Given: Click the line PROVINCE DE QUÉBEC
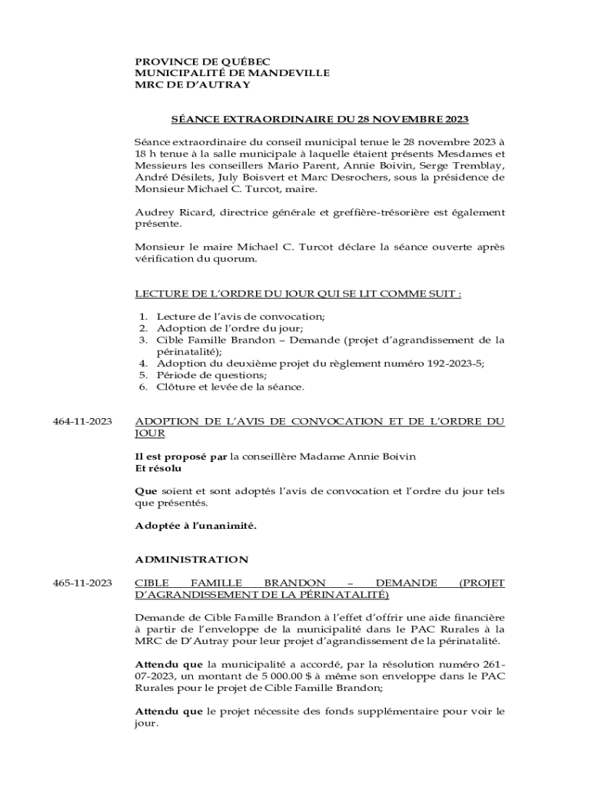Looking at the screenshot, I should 203,61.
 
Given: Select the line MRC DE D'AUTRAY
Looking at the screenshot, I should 193,85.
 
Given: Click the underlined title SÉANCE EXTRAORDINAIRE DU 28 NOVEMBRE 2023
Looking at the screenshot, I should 319,119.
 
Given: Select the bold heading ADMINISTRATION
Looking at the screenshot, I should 191,560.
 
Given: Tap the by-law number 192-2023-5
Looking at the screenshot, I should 454,363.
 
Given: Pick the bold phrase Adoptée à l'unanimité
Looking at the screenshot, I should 195,526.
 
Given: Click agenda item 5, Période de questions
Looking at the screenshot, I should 212,375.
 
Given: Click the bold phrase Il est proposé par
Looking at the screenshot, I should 181,457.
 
